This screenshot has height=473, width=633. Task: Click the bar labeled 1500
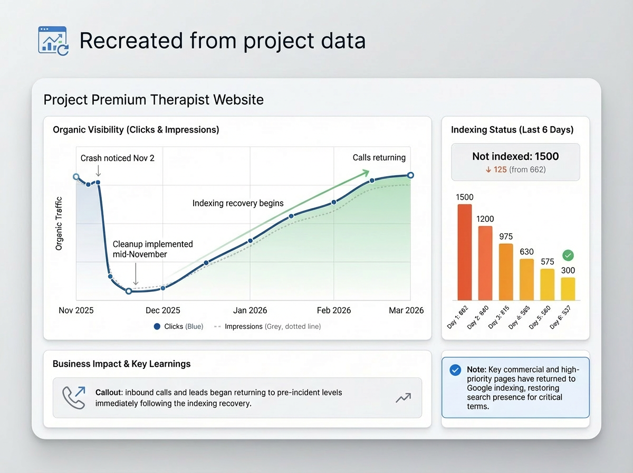464,252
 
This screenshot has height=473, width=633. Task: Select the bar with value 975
506,272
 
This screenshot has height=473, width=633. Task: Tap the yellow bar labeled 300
568,289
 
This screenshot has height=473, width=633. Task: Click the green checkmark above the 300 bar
568,256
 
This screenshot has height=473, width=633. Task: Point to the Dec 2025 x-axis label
163,310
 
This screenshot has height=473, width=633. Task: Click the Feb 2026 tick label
333,310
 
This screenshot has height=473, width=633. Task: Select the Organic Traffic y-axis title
59,224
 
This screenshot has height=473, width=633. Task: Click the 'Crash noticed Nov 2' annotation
117,158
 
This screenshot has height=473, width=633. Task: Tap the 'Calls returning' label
379,157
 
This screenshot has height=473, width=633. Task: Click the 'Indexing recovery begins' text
238,203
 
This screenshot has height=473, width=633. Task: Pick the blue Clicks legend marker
157,327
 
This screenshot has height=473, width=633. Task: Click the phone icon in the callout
73,398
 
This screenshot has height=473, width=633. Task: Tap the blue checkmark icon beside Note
455,370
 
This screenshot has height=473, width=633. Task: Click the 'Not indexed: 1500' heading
515,157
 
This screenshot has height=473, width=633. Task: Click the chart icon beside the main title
53,41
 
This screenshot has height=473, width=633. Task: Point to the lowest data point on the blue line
128,291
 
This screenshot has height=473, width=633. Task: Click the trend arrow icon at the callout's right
403,398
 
